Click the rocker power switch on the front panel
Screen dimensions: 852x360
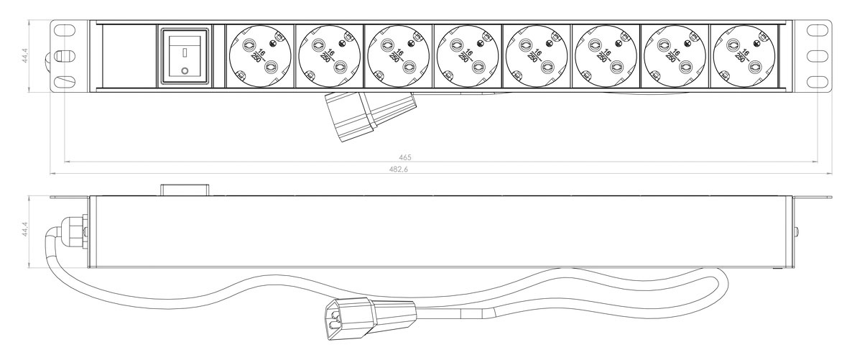(185, 56)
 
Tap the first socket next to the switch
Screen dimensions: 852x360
(260, 56)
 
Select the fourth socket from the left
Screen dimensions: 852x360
(467, 56)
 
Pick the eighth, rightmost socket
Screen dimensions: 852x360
(744, 56)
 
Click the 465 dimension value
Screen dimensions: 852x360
(405, 157)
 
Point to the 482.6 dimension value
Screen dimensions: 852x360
(399, 169)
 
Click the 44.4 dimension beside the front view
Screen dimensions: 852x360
(25, 55)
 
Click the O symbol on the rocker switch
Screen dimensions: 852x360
(185, 70)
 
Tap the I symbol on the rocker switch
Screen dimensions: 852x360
(185, 52)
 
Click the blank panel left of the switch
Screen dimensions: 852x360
(129, 56)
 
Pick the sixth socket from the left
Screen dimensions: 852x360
(606, 56)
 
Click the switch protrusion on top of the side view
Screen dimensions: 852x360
(185, 190)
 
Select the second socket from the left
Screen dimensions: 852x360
(329, 56)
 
